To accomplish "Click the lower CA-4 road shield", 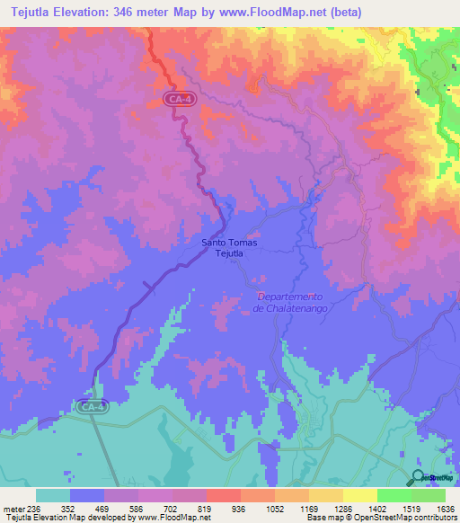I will (x=93, y=407).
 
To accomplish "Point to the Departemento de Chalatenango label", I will (x=289, y=303).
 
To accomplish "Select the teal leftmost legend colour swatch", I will (x=53, y=495).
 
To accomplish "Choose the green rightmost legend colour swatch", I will (x=429, y=495).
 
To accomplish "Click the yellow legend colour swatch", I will (x=360, y=495).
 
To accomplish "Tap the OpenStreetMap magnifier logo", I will (x=420, y=478).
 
